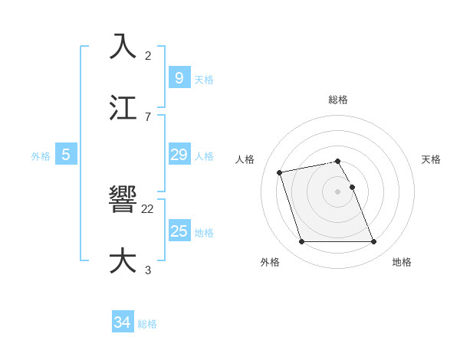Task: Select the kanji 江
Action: [x=123, y=107]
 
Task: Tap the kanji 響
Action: [x=123, y=200]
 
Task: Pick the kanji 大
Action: [x=123, y=260]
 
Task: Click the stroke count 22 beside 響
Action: [x=148, y=208]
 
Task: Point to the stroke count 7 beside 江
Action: [x=147, y=116]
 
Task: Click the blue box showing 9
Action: [x=179, y=77]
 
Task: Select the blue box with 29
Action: [x=179, y=155]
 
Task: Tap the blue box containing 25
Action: [x=179, y=231]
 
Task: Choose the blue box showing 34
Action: [x=123, y=322]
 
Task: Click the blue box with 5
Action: [x=66, y=155]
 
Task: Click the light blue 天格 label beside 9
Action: [x=204, y=79]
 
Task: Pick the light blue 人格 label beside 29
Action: [x=204, y=155]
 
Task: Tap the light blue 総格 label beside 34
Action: [x=147, y=324]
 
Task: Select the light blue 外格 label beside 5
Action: [x=41, y=155]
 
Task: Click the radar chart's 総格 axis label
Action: [x=338, y=100]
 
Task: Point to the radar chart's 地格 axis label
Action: [x=402, y=263]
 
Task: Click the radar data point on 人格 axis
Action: [x=280, y=172]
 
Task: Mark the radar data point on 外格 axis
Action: [x=301, y=242]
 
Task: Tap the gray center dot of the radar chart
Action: [x=338, y=191]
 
